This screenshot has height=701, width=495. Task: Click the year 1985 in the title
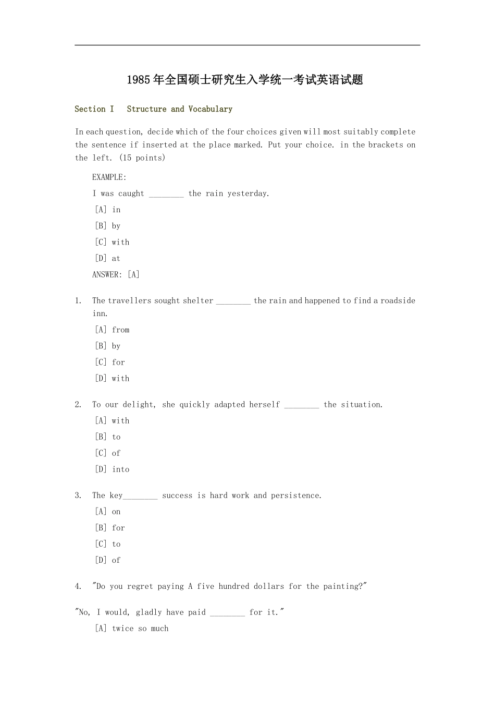139,80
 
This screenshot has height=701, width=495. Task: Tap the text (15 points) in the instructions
142,158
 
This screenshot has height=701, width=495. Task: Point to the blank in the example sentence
166,194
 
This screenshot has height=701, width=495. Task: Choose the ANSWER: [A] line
116,274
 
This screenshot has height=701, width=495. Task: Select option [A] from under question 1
112,330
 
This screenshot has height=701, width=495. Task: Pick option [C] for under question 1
110,362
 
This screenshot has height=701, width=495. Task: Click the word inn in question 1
100,313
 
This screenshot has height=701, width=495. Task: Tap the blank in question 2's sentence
301,405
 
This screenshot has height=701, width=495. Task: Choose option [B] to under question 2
108,437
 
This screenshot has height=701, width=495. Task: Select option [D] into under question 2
112,469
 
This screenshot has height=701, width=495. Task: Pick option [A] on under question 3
108,512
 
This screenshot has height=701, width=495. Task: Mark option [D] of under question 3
108,560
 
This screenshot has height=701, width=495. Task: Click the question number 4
78,586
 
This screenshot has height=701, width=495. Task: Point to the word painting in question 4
342,586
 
